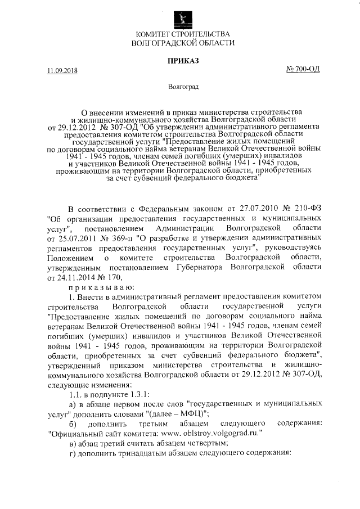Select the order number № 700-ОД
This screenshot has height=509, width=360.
click(x=303, y=70)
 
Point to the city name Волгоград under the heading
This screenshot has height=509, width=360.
click(x=180, y=87)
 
